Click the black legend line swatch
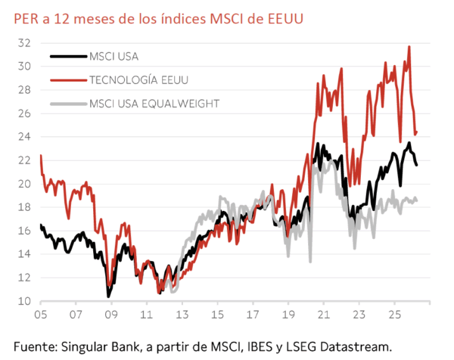[67, 55]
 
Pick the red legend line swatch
[67, 79]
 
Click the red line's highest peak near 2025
[409, 47]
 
